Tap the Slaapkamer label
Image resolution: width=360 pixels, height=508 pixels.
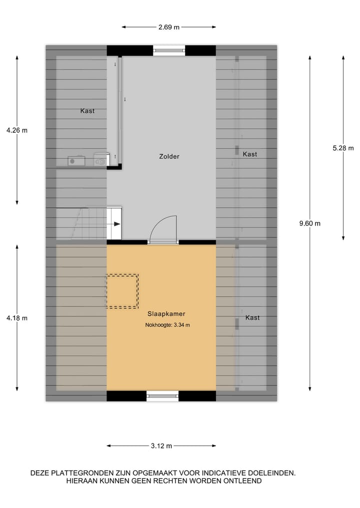166,314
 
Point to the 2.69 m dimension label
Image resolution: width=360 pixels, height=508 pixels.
169,27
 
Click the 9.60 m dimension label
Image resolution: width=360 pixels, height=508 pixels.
310,223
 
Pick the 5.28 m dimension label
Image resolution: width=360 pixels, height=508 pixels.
343,147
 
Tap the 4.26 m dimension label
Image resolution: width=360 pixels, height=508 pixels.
17,130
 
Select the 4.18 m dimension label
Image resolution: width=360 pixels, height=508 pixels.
17,318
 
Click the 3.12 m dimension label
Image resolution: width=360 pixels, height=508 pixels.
161,446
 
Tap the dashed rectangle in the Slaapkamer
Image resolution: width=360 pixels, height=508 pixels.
121,291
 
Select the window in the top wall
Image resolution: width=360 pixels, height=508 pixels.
169,50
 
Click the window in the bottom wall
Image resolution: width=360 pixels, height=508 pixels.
162,396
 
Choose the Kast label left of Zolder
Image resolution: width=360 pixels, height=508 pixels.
87,111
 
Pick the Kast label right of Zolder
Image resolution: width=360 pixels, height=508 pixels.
250,154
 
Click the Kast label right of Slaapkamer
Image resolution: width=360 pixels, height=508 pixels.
252,318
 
